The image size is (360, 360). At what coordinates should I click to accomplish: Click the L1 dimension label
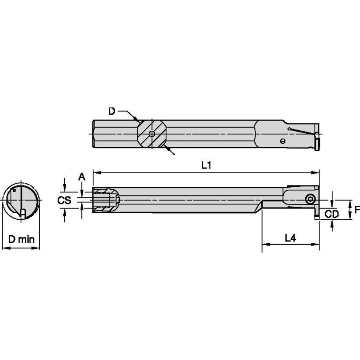[206, 166]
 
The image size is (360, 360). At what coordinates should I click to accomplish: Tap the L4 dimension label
[290, 238]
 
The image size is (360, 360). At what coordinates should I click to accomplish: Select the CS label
[64, 200]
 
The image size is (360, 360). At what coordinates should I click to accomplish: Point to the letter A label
[82, 177]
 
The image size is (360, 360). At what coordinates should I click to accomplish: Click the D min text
[21, 239]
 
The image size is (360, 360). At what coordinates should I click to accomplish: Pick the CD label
[332, 214]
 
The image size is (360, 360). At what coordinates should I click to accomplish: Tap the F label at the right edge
[357, 210]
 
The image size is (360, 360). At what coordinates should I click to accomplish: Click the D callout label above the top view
[112, 111]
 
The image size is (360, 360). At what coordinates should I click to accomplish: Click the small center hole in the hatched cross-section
[152, 134]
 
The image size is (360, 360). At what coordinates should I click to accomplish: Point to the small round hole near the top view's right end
[283, 141]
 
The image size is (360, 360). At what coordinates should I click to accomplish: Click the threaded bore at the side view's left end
[105, 200]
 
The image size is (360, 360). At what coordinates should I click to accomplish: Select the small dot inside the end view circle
[14, 191]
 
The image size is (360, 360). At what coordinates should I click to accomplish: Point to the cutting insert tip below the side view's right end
[316, 217]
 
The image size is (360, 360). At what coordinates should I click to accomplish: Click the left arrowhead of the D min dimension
[5, 248]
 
